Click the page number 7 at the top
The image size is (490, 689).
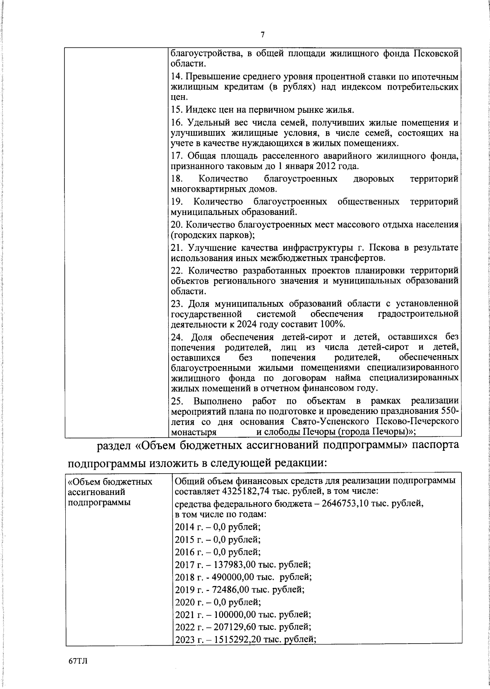(x=263, y=35)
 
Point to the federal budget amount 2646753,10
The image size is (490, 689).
(x=346, y=504)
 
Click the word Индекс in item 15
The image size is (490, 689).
(x=199, y=110)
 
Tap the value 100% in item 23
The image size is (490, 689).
(x=333, y=324)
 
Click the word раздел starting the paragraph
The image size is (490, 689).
(x=113, y=445)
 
